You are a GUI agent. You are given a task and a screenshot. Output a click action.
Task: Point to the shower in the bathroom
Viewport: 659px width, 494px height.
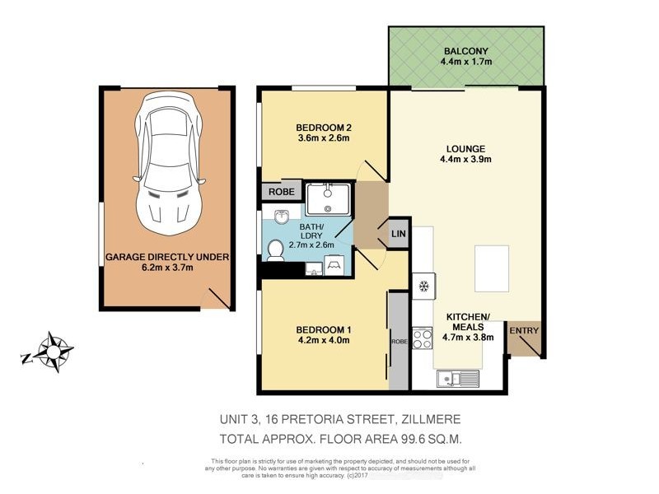coord(329,198)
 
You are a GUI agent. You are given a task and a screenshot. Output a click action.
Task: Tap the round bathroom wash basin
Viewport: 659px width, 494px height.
coord(282,217)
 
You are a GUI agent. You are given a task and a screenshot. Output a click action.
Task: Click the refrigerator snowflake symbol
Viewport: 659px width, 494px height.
coord(423,287)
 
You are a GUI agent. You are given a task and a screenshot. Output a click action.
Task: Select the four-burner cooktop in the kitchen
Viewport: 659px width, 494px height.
coord(423,339)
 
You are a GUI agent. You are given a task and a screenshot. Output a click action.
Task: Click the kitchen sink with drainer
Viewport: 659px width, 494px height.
coord(458,378)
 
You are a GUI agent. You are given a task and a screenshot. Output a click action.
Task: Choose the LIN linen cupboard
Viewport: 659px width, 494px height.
coord(397,234)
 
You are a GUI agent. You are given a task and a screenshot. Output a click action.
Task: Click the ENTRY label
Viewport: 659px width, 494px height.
coord(523,331)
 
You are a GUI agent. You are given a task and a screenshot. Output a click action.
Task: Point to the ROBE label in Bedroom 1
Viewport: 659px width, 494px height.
coord(398,339)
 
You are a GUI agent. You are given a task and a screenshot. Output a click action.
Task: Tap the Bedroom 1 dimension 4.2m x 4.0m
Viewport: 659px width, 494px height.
coord(324,343)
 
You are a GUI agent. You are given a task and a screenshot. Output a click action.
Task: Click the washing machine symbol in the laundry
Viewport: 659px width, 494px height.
coord(335,264)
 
